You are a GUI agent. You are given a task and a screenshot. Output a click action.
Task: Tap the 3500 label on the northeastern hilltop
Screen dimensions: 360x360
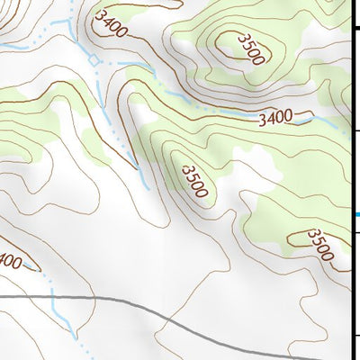[x=250, y=49]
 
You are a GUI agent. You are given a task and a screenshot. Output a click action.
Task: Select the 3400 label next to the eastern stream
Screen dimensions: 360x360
[x=275, y=117]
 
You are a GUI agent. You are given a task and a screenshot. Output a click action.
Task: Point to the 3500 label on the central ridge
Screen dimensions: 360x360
[x=195, y=181]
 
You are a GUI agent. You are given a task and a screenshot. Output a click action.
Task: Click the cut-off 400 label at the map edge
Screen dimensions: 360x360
[x=9, y=262]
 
